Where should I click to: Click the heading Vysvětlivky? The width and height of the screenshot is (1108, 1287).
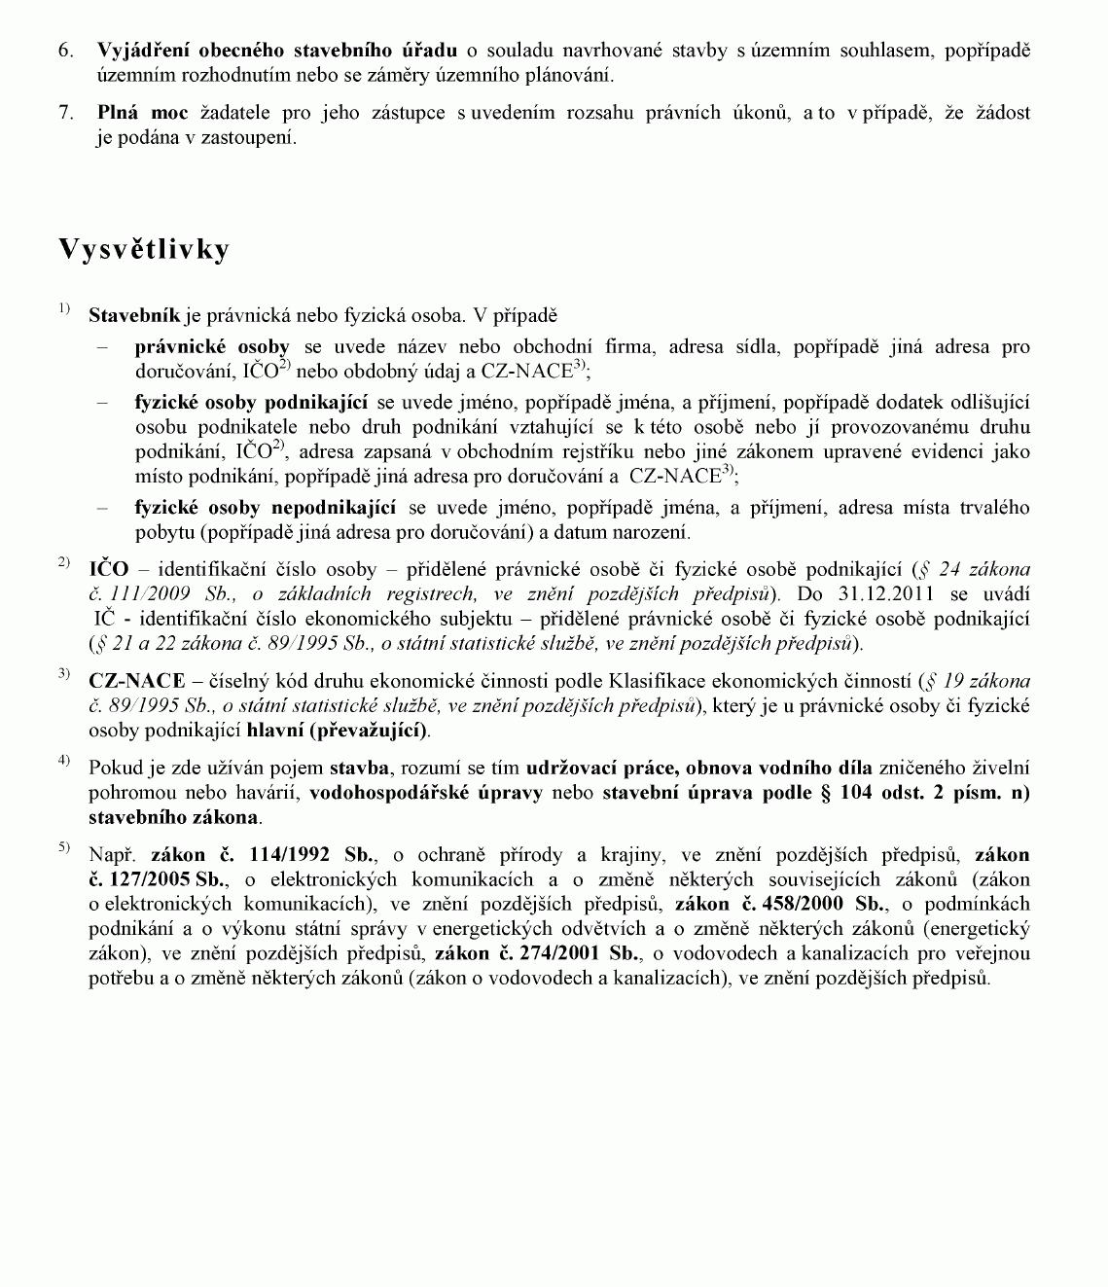click(x=144, y=250)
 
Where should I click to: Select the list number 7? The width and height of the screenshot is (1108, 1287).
click(x=66, y=113)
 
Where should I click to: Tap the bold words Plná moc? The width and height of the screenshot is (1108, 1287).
click(x=142, y=113)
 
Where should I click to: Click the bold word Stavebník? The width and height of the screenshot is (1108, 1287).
click(x=134, y=316)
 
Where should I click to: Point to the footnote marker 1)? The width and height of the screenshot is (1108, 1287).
click(x=64, y=309)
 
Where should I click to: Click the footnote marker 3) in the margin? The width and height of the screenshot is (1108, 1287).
click(x=64, y=673)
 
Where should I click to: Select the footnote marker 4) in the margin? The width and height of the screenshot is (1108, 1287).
click(x=64, y=760)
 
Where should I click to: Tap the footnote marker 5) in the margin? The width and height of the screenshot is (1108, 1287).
click(x=64, y=847)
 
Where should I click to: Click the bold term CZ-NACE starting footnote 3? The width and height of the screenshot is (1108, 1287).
click(x=136, y=681)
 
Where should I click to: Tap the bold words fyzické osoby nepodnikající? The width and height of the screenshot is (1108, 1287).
click(x=265, y=508)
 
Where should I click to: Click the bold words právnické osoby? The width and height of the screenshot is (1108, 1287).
click(x=212, y=347)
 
